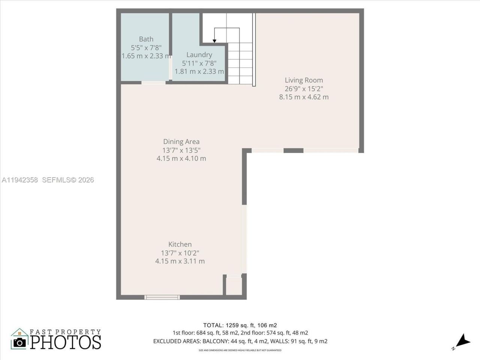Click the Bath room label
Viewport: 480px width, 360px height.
point(146,39)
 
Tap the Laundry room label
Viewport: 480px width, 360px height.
point(199,55)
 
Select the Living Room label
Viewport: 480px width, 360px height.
point(304,80)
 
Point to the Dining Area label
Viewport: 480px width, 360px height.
point(181,141)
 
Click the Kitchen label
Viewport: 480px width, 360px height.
point(180,244)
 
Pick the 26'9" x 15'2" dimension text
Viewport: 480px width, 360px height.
point(304,88)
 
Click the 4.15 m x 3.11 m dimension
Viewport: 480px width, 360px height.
point(180,261)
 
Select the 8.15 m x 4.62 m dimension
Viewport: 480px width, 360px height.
point(304,97)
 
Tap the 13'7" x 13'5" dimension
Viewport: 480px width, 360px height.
point(181,150)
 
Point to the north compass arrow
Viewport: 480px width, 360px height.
point(463,340)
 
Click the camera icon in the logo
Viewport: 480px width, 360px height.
point(20,342)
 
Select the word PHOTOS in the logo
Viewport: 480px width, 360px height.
point(66,342)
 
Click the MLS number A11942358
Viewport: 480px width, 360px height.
point(19,180)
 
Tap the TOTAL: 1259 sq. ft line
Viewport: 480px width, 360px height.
point(240,325)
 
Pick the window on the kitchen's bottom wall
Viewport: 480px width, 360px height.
point(162,297)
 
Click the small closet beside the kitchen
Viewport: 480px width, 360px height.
point(234,287)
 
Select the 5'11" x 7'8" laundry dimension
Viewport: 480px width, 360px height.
point(199,63)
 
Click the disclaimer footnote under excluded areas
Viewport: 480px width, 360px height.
point(240,350)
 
